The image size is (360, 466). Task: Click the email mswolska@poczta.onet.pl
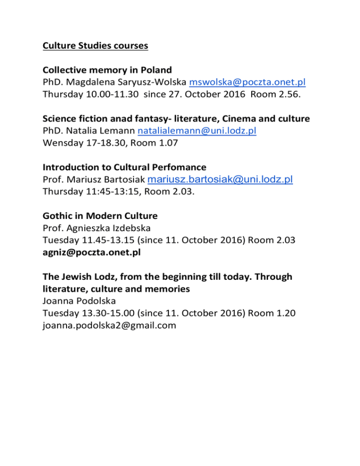point(247,83)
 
